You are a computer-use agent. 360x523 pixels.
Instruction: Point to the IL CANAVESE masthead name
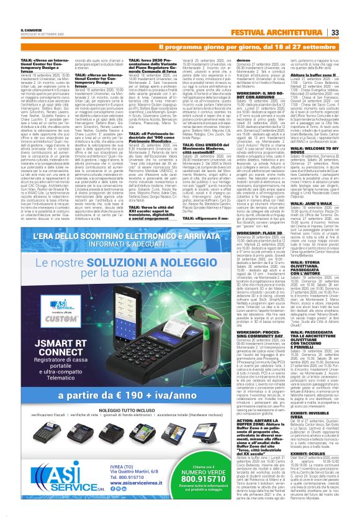coord(32,29)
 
